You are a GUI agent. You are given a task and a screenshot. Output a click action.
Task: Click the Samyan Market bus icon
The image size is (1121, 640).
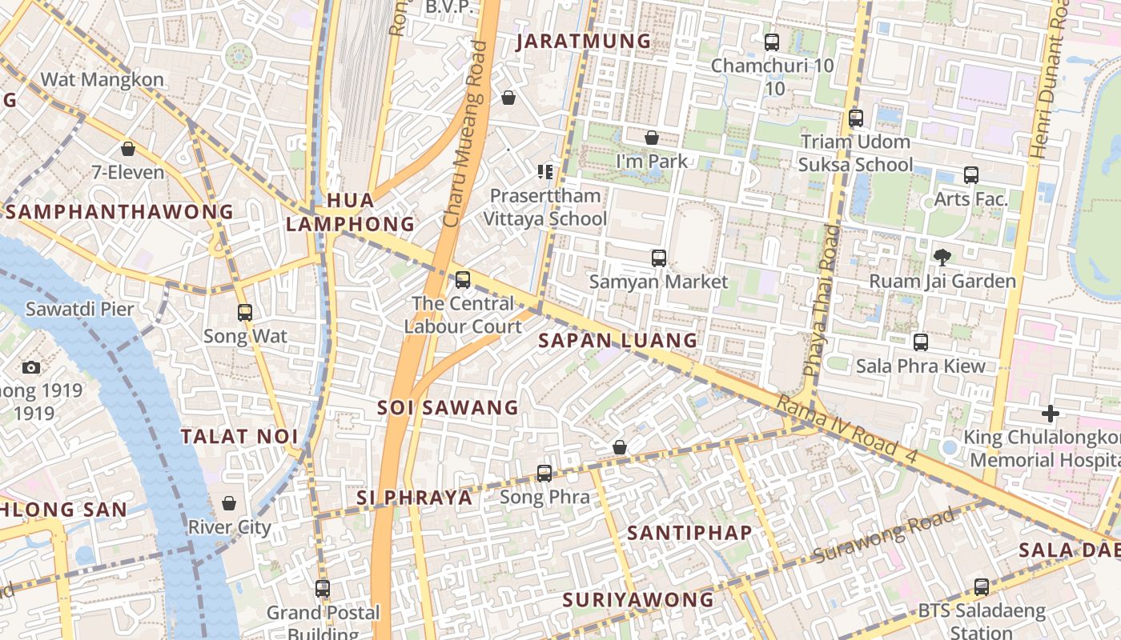(x=659, y=258)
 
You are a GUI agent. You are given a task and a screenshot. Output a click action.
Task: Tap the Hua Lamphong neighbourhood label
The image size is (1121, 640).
(x=351, y=212)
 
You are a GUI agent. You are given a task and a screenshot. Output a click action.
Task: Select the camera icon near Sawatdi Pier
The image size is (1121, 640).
(x=31, y=367)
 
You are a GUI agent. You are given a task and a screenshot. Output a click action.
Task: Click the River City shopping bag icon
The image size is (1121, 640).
(x=229, y=503)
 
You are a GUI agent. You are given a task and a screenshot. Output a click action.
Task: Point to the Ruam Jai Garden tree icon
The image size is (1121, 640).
(x=942, y=257)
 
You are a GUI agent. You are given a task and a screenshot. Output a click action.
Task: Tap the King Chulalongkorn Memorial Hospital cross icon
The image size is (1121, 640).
(x=1051, y=414)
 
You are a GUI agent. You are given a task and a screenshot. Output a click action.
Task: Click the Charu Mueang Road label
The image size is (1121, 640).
(x=465, y=134)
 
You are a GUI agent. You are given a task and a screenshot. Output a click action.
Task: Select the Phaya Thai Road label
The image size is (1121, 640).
(x=822, y=300)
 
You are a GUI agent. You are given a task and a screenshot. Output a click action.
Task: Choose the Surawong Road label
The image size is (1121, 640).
(x=884, y=534)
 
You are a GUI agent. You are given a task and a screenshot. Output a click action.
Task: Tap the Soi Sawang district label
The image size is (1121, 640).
(x=448, y=407)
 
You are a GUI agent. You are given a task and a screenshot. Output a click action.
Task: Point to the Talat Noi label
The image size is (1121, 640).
(x=228, y=437)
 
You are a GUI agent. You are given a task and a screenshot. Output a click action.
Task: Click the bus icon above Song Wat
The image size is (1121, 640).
(x=245, y=313)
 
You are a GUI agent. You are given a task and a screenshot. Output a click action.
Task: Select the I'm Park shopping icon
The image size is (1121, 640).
(x=652, y=138)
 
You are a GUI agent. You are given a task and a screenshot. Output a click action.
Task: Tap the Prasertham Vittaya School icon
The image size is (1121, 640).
(x=545, y=171)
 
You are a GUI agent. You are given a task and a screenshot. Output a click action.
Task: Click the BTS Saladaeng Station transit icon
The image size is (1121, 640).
(x=981, y=586)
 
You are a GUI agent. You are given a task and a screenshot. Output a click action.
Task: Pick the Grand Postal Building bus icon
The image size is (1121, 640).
(x=323, y=589)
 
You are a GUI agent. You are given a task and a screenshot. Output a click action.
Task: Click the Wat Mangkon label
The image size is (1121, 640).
(x=102, y=79)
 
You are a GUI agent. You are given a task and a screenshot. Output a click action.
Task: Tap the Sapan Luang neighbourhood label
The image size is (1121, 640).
(x=617, y=340)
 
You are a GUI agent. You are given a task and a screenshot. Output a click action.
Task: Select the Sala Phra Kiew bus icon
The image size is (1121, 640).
(x=921, y=342)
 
